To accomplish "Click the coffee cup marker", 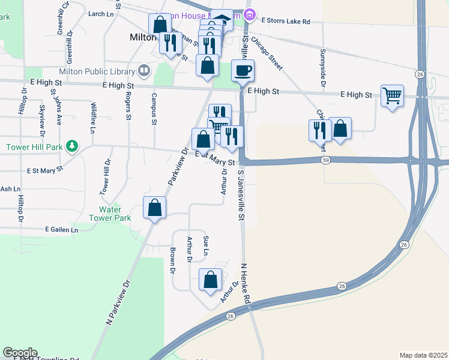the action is click(243, 71).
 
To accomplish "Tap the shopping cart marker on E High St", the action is click(392, 95).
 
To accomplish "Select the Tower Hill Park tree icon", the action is click(71, 146).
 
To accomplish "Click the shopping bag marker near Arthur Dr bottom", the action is click(211, 280).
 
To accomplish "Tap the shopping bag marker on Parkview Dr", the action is click(155, 208).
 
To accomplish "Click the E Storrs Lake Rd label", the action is click(286, 22).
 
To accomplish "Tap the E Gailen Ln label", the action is click(62, 230).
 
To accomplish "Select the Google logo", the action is click(20, 353).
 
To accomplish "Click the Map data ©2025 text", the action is click(423, 355).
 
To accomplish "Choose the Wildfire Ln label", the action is click(92, 118).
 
